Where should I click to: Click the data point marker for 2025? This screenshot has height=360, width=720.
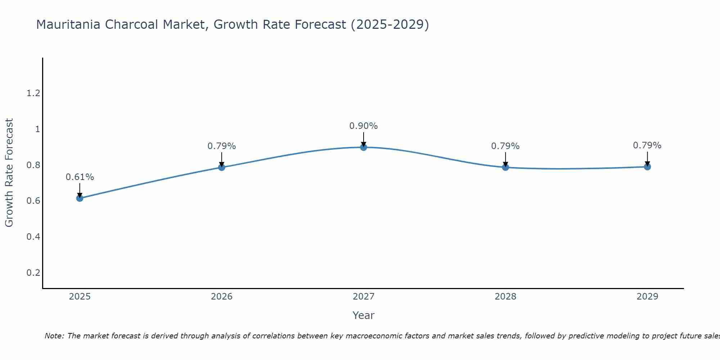pyautogui.click(x=80, y=198)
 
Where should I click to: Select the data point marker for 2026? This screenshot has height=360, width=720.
pyautogui.click(x=221, y=167)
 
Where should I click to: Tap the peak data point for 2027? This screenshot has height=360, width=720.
pyautogui.click(x=363, y=147)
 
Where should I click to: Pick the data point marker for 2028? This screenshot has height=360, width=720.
pyautogui.click(x=505, y=167)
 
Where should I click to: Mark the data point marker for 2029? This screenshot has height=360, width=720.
pyautogui.click(x=647, y=167)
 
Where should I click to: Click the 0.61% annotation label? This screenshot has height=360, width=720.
pyautogui.click(x=80, y=177)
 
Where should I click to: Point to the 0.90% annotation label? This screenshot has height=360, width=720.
pyautogui.click(x=363, y=126)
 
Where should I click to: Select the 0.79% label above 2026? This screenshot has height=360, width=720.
pyautogui.click(x=221, y=146)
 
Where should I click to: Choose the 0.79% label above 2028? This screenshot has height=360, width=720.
pyautogui.click(x=505, y=146)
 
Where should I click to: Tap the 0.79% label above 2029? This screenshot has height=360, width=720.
pyautogui.click(x=647, y=145)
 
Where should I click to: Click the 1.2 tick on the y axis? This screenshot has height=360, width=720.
pyautogui.click(x=33, y=94)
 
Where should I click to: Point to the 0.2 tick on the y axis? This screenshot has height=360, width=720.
pyautogui.click(x=33, y=273)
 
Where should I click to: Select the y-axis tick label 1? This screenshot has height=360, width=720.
pyautogui.click(x=37, y=129)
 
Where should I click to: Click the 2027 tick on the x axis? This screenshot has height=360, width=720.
pyautogui.click(x=363, y=297)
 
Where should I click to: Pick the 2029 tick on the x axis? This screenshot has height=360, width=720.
pyautogui.click(x=647, y=297)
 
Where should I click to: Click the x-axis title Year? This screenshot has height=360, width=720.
pyautogui.click(x=363, y=315)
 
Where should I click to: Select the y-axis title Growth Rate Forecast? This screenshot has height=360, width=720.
pyautogui.click(x=9, y=173)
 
